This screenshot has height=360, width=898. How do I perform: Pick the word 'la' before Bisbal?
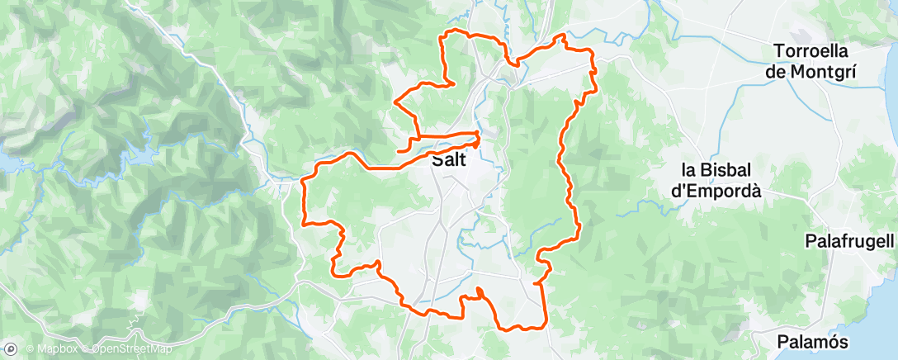690,170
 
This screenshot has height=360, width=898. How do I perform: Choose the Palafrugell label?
849,242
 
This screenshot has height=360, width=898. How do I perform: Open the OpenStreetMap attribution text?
133,349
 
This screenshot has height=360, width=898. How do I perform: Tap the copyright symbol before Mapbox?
30,349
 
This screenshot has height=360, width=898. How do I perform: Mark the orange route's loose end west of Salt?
399,151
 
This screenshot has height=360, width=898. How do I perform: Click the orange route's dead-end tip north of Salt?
455,83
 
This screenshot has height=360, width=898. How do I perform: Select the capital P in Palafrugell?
811,242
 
